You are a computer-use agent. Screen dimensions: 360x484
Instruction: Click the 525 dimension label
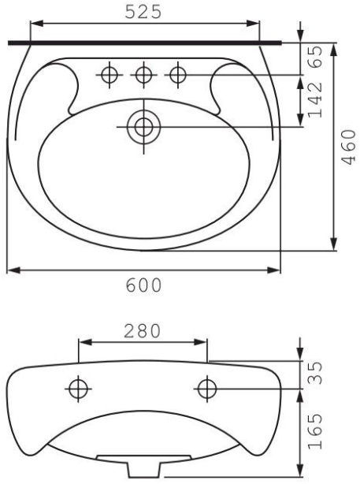tap(143, 13)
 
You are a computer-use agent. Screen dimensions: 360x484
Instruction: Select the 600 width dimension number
tap(143, 285)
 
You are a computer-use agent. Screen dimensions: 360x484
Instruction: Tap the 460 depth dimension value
tap(349, 147)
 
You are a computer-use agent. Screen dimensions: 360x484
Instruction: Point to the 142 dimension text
tap(315, 100)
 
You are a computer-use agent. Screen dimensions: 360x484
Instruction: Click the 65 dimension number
tap(315, 57)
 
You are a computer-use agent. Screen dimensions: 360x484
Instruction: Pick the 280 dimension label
tap(143, 331)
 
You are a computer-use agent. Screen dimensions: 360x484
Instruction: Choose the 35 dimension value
tap(315, 373)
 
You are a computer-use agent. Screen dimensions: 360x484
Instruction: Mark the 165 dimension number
tap(315, 431)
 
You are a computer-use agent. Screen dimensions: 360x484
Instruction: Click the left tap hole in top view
tap(109, 75)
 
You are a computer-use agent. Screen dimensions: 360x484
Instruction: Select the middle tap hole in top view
tap(143, 75)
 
